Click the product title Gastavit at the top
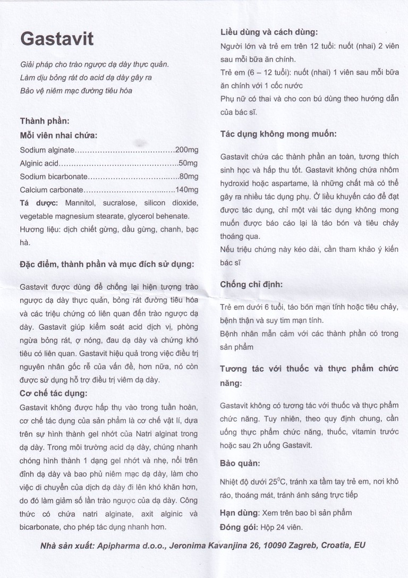pyautogui.click(x=57, y=39)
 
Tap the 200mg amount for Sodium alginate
pyautogui.click(x=186, y=150)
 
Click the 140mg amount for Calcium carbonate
pyautogui.click(x=186, y=190)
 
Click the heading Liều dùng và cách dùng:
pyautogui.click(x=269, y=32)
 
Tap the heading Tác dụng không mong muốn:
pyautogui.click(x=278, y=134)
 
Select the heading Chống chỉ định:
pyautogui.click(x=251, y=284)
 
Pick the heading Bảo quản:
pyautogui.click(x=240, y=463)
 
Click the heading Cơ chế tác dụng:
pyautogui.click(x=54, y=393)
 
